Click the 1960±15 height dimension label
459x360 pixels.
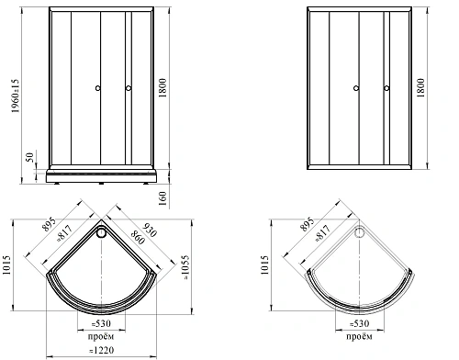point(16,96)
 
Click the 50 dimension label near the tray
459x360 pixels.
point(29,157)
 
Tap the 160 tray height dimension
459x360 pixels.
point(162,198)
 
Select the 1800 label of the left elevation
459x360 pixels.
point(162,87)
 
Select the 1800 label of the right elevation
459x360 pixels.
point(420,87)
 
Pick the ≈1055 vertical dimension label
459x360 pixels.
point(185,267)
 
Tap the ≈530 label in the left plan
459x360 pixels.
point(101,323)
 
